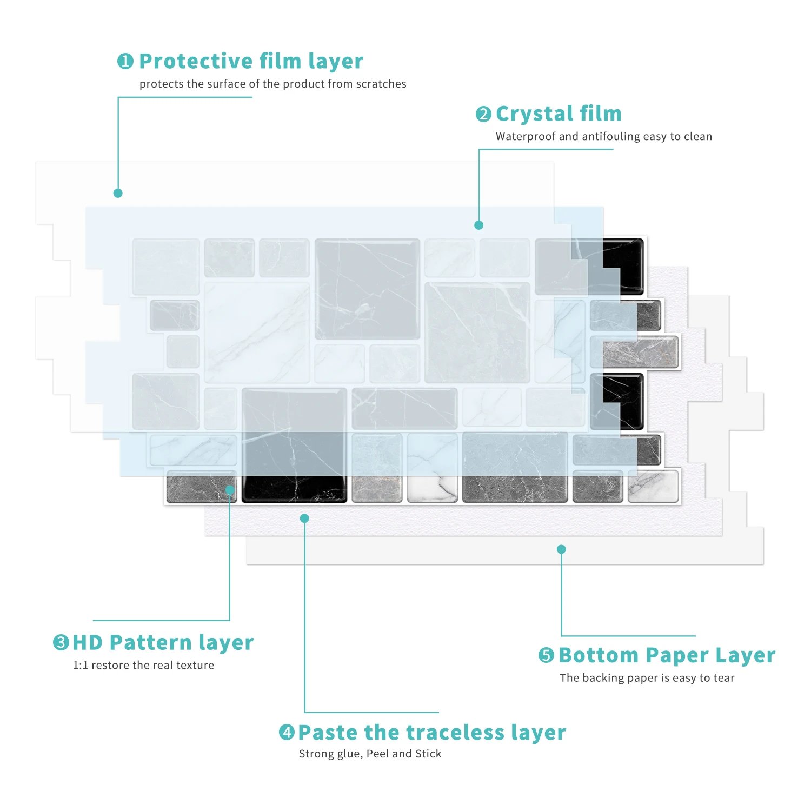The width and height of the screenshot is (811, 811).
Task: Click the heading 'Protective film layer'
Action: [251, 61]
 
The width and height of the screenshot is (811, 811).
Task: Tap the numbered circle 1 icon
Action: [125, 61]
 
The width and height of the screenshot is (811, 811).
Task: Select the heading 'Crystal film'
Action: [559, 114]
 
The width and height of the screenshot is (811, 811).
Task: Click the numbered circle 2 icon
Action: [483, 114]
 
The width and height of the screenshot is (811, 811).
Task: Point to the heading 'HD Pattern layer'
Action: [163, 642]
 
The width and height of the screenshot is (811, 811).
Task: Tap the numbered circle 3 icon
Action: [61, 642]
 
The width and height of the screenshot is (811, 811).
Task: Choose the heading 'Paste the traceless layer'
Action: [432, 733]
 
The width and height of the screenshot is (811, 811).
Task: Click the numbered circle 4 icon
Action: [287, 733]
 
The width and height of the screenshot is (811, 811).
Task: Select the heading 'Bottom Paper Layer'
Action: [667, 655]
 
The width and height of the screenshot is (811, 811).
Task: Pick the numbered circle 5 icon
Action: [546, 655]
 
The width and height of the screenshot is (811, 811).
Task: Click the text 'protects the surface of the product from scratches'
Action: [272, 84]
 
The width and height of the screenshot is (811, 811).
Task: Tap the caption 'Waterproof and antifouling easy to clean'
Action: [603, 136]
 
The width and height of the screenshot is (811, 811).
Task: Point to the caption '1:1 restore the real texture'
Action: [143, 665]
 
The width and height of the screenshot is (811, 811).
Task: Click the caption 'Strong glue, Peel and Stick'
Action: [370, 754]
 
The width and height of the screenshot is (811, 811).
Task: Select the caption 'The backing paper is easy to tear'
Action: [647, 678]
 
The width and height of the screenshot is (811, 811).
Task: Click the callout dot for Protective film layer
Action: [118, 193]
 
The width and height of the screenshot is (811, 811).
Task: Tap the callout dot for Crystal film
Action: [478, 225]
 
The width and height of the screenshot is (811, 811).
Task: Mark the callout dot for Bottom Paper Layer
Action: [561, 549]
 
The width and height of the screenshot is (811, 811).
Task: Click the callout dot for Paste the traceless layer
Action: [304, 518]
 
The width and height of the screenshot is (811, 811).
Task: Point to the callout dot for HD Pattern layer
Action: [230, 490]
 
